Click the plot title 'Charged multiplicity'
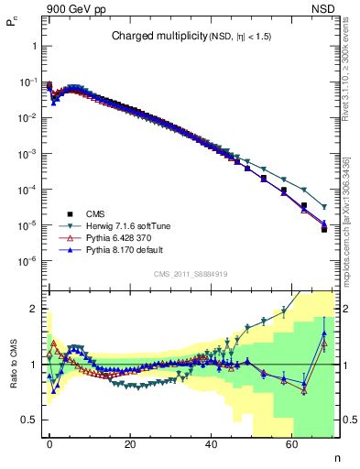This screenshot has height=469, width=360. (150, 37)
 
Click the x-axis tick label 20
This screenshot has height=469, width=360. (130, 443)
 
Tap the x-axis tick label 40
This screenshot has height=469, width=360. (211, 443)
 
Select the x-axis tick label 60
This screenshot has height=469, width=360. (291, 443)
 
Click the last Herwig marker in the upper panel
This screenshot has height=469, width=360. (324, 206)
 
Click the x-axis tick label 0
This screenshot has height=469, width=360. (49, 443)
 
